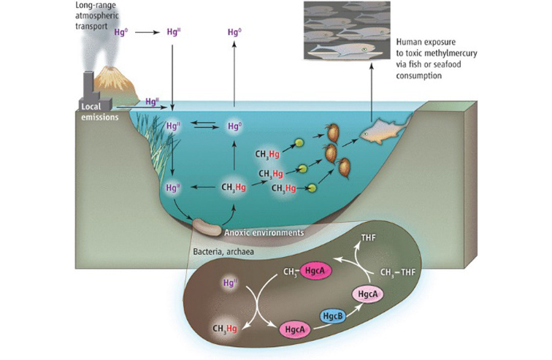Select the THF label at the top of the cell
tap(371, 238)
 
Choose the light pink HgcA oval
tap(369, 294)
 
